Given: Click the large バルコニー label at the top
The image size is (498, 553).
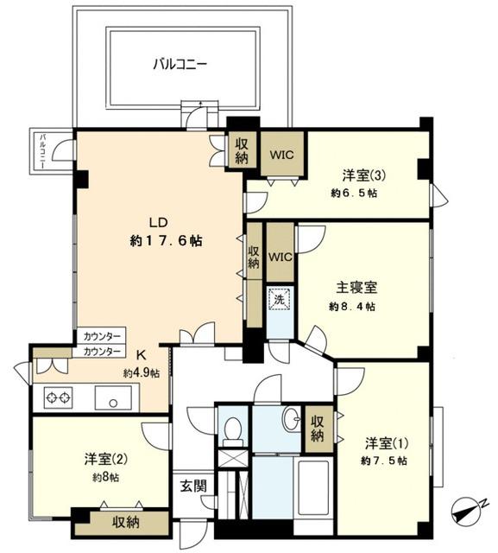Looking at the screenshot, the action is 180,65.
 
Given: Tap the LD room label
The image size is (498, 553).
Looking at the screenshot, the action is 159,223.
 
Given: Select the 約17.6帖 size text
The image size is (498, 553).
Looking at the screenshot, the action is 167,241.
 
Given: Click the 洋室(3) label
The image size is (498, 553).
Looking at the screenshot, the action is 364,175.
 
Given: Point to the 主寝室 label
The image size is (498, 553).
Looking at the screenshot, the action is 356,288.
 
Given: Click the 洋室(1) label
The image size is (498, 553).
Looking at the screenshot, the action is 387,443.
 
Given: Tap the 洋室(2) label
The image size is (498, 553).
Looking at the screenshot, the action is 105,459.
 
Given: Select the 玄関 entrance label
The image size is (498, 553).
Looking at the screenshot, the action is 193,486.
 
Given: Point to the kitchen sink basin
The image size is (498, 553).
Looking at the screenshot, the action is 113,398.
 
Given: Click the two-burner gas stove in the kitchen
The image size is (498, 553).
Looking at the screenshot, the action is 58,398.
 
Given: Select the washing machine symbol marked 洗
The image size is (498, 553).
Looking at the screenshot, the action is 280,299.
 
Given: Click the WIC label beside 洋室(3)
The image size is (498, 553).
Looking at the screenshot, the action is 281,155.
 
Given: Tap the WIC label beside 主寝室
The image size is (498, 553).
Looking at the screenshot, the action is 281,257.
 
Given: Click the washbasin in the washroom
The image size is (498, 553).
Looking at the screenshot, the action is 292,419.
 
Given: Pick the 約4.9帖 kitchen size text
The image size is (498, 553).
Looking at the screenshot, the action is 142,373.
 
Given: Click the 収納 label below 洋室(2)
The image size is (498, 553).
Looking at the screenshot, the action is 126,522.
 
